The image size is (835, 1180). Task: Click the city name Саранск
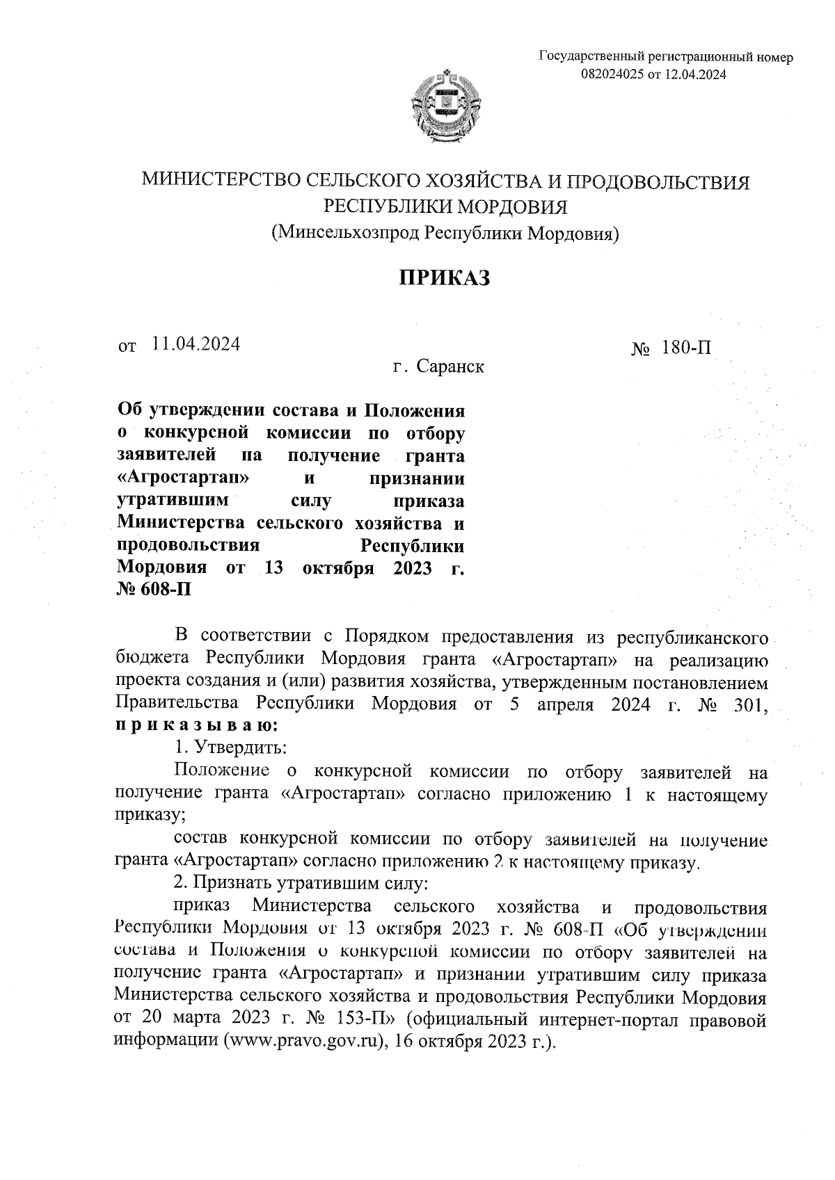450,366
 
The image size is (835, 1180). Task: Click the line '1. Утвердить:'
229,747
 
